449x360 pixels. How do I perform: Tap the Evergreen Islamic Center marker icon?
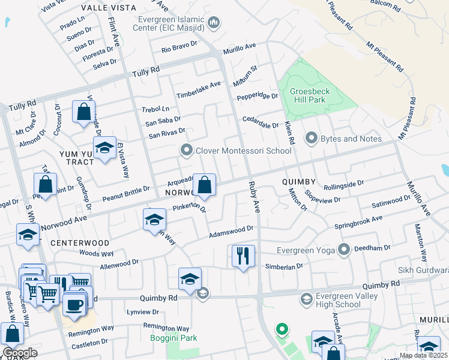214,24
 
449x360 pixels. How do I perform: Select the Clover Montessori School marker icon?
187,150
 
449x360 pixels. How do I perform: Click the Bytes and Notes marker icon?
311,139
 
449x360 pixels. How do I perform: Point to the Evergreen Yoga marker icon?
344,249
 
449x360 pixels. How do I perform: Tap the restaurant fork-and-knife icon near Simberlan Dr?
243,256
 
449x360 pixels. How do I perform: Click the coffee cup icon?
74,304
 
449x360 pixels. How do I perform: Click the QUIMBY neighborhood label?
298,182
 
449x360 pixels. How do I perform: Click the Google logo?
20,353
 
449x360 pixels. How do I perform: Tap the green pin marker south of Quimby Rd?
281,329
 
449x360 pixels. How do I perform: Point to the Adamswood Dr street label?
232,231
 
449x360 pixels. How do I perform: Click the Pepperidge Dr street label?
258,96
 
